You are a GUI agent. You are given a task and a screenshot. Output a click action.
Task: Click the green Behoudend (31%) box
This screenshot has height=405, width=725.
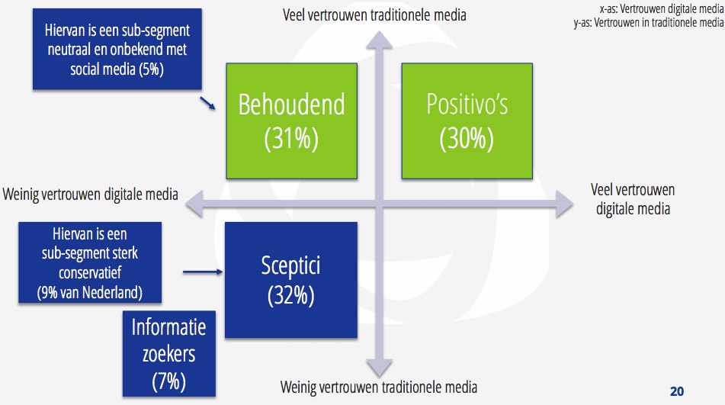(291, 121)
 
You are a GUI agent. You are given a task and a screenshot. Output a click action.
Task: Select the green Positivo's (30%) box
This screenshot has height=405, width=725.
(467, 121)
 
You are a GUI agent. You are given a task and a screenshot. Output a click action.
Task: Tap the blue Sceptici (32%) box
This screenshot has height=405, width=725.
(290, 280)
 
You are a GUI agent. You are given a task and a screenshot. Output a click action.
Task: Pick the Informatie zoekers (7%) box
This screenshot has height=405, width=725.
(168, 354)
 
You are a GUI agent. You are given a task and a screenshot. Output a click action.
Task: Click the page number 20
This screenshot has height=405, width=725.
(677, 391)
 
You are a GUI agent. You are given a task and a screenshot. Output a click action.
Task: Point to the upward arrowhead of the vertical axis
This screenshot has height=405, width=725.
(380, 40)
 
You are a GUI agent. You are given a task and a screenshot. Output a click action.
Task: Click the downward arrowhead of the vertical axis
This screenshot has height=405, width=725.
(380, 368)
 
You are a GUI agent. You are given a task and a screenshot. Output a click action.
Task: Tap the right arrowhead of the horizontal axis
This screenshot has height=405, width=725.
(565, 204)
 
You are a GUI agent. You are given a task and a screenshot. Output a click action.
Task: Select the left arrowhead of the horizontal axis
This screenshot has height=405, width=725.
(194, 204)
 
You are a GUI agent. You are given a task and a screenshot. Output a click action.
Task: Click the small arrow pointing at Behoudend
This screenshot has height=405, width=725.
(207, 103)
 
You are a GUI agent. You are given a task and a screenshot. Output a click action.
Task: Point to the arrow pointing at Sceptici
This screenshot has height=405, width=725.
(203, 272)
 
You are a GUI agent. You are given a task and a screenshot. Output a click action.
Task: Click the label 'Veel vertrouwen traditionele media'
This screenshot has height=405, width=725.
(374, 15)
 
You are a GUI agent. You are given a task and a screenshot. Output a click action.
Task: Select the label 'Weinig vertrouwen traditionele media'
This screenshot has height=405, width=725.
(379, 387)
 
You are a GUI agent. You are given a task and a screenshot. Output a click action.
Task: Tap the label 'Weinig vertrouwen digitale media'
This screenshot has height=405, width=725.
(91, 194)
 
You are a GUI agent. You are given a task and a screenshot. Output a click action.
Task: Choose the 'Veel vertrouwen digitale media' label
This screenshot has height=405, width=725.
(633, 199)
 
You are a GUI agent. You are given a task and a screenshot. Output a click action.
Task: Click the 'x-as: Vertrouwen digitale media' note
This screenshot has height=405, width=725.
(661, 9)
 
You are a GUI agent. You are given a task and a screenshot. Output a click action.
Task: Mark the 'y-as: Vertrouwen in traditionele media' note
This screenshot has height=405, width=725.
(649, 22)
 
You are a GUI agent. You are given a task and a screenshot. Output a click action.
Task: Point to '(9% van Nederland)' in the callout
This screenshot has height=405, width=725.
(90, 293)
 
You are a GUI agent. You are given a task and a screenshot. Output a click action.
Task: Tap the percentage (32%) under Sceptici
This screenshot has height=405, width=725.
(290, 296)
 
